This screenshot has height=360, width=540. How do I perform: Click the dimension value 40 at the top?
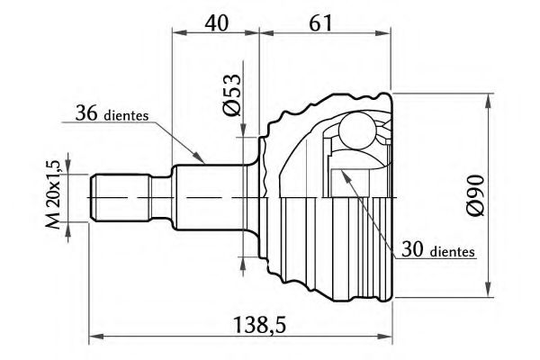214,20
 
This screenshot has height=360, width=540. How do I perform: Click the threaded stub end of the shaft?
117,197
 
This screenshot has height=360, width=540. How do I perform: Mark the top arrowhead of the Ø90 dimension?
490,94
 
